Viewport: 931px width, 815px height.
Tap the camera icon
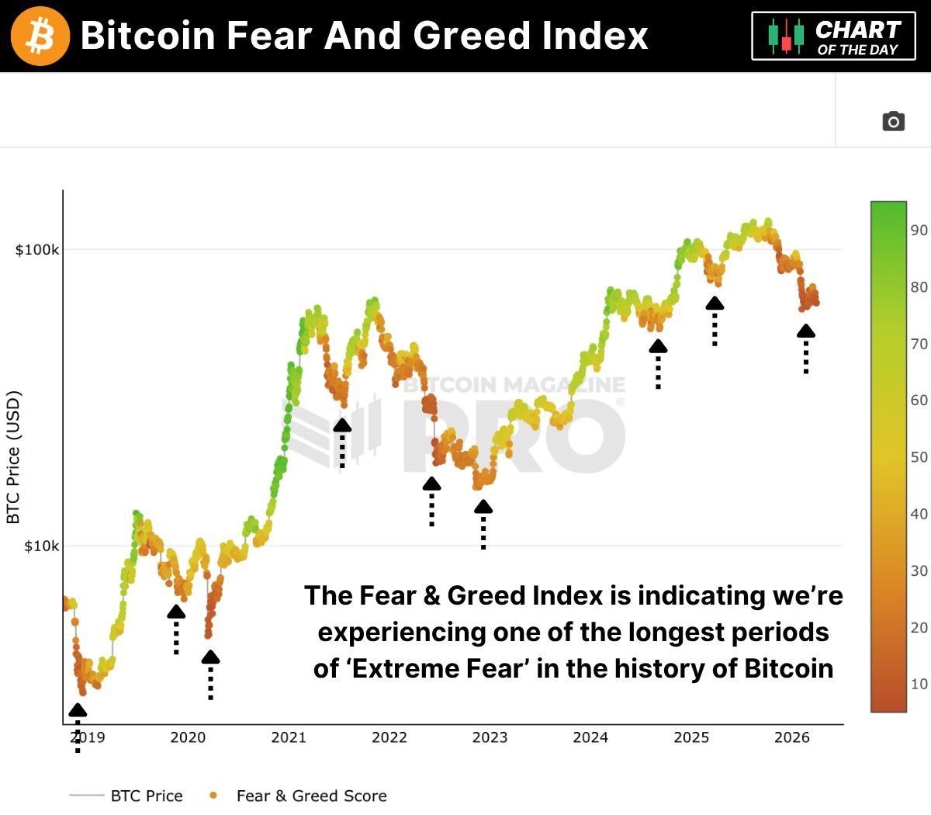point(893,122)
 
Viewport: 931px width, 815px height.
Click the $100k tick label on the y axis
point(37,250)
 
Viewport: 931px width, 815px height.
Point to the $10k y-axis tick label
point(40,546)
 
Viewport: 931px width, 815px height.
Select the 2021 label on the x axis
point(289,737)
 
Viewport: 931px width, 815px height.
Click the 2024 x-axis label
point(590,737)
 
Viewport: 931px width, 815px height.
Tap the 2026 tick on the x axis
point(792,737)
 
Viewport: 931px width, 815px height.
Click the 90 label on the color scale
point(919,230)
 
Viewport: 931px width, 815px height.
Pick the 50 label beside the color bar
point(919,456)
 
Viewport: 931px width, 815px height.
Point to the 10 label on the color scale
point(919,684)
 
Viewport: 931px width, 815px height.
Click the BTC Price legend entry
point(147,796)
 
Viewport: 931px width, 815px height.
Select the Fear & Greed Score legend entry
point(311,796)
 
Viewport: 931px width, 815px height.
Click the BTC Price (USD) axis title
point(13,457)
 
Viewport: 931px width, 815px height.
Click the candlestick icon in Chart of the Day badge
point(786,36)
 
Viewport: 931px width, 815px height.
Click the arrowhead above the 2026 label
point(806,331)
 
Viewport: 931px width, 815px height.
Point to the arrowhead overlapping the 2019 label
point(78,710)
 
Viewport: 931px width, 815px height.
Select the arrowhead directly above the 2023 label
point(483,507)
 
